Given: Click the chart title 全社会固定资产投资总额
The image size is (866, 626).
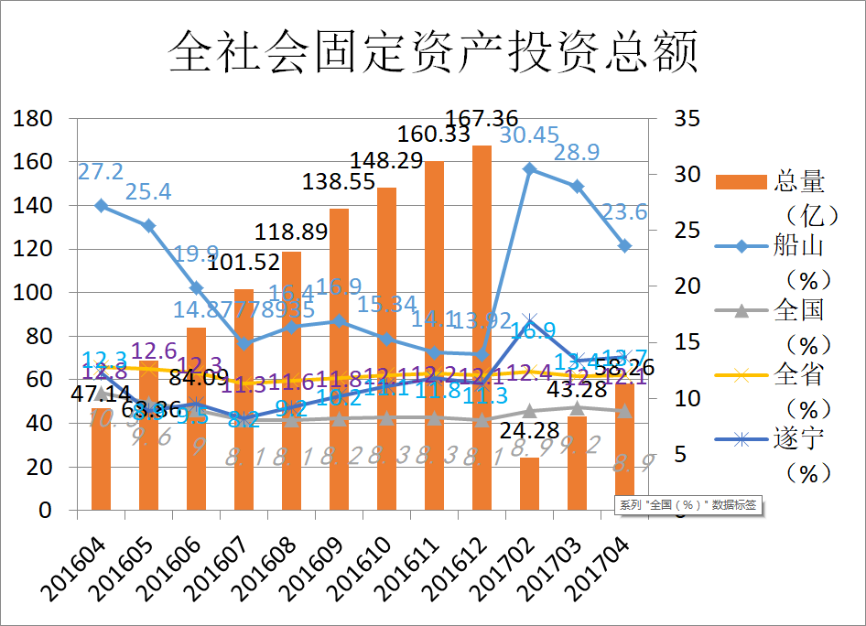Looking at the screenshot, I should (x=433, y=50).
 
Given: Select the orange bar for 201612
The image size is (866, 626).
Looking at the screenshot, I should (x=482, y=329).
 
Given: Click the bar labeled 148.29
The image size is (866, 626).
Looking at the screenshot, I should (x=386, y=348).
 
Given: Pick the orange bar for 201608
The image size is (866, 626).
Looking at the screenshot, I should (x=291, y=384).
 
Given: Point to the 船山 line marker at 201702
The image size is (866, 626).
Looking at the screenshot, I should (x=529, y=169).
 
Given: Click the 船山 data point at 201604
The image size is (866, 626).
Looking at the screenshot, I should (x=101, y=206).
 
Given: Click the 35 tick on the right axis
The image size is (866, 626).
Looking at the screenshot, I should (x=686, y=119).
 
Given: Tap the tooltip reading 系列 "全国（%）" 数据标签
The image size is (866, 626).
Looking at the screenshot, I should (x=687, y=504).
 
